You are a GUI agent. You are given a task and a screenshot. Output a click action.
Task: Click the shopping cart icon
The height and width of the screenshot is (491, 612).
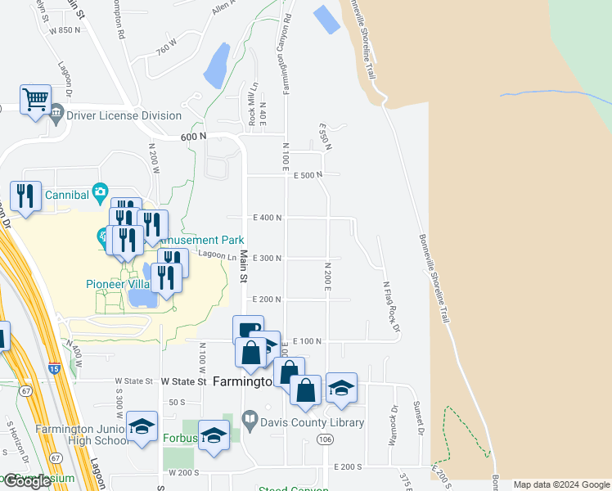click(x=36, y=101)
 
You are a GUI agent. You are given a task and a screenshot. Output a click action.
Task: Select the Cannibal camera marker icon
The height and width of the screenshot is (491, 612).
click(x=100, y=192)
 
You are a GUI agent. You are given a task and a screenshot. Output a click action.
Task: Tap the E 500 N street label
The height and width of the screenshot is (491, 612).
click(x=308, y=175)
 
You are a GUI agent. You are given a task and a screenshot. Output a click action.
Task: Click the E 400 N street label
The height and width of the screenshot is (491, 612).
click(x=268, y=217)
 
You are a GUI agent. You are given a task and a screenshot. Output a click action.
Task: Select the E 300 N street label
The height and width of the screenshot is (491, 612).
click(x=268, y=259)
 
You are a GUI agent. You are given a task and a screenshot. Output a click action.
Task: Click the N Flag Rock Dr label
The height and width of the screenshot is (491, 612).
click(x=391, y=307)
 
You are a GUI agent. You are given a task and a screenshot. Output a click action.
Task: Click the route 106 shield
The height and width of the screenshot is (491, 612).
click(x=326, y=439)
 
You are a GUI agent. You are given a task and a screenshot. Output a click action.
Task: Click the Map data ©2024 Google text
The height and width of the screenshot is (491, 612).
click(x=561, y=484)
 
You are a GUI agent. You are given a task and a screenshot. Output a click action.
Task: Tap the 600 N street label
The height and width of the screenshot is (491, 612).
click(x=193, y=137)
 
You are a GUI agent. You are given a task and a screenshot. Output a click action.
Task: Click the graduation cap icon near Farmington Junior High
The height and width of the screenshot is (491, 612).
click(x=142, y=426)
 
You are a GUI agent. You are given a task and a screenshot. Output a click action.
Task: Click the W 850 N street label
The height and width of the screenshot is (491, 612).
click(x=65, y=30)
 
